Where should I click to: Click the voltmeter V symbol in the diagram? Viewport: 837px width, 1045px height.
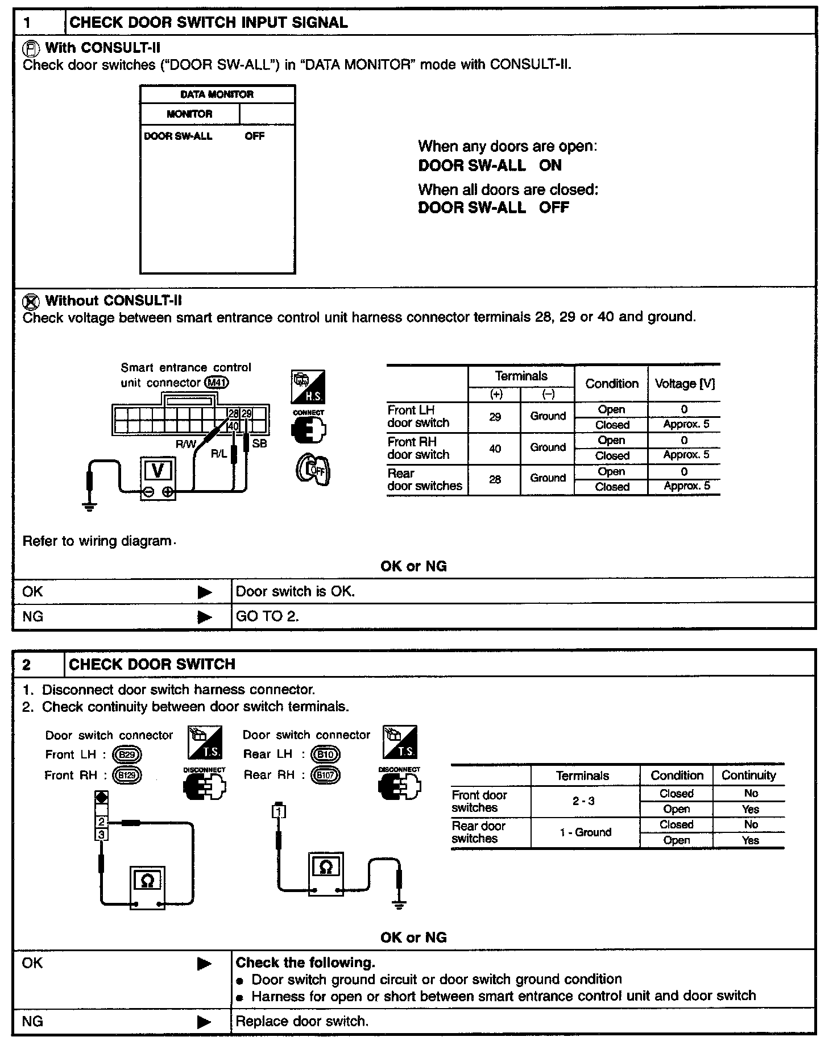[x=159, y=470]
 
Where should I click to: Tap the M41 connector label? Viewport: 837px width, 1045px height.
[x=216, y=383]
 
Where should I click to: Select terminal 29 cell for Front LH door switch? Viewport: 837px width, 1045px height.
[x=495, y=417]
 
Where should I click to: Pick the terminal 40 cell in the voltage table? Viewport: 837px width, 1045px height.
[x=495, y=449]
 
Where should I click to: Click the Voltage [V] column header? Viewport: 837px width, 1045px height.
[x=685, y=384]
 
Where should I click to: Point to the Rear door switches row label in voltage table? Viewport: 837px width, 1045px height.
[x=425, y=480]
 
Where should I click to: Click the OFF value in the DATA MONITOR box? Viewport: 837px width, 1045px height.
[x=255, y=136]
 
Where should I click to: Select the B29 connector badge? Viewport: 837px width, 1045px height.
[x=127, y=755]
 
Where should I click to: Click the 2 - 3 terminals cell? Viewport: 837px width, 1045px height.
[x=584, y=801]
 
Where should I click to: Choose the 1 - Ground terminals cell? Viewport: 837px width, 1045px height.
[x=585, y=832]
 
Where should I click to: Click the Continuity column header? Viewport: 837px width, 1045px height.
[x=748, y=776]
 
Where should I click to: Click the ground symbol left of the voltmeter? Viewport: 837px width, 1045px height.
[x=89, y=505]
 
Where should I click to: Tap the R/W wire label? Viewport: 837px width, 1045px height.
[x=185, y=445]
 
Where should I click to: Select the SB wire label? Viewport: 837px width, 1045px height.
[x=259, y=443]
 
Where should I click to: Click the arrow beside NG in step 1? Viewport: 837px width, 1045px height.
[x=205, y=617]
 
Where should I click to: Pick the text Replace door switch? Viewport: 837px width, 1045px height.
[x=302, y=1021]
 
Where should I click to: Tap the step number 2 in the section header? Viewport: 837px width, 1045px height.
[x=27, y=665]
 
